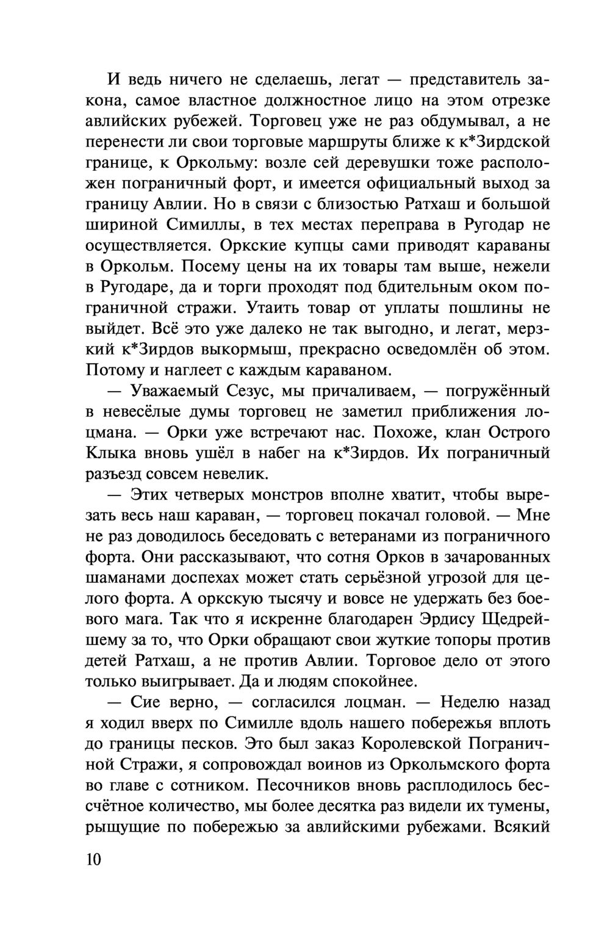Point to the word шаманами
127,578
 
